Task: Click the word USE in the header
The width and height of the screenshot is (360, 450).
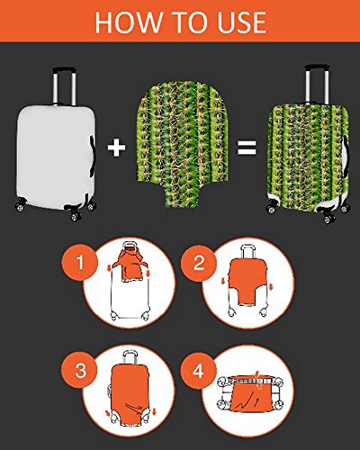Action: [241, 22]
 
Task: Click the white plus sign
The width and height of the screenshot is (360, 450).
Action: [116, 147]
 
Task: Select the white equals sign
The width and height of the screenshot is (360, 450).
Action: [247, 148]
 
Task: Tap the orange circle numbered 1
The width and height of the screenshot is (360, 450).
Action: [80, 263]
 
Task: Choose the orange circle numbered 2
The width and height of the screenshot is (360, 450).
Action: [199, 263]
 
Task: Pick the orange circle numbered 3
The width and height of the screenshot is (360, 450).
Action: [80, 371]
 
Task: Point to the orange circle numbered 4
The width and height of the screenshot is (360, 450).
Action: [198, 371]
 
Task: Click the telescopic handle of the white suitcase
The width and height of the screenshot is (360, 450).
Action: [64, 85]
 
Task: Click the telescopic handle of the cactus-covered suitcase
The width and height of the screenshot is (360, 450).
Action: [318, 85]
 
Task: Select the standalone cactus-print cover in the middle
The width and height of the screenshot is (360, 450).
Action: [183, 144]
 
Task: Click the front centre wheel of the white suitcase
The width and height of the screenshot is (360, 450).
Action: [75, 215]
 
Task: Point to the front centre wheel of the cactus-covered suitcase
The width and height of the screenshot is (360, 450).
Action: [328, 218]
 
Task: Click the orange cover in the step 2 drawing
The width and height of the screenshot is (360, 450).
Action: [247, 282]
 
